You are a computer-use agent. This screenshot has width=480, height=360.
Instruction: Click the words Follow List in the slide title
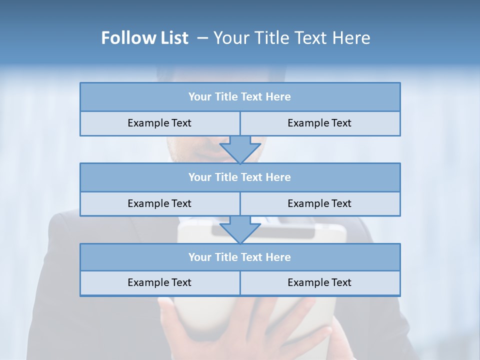[144, 38]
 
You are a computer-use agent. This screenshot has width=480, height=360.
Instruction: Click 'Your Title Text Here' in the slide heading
[291, 38]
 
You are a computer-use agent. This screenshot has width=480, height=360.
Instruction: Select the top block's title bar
[240, 97]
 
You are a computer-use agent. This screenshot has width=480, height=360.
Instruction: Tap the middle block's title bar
[240, 177]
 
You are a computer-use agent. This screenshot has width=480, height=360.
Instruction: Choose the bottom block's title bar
[240, 257]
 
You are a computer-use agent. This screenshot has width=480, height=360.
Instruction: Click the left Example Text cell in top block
[160, 123]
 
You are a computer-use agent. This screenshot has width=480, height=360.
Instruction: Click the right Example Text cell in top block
[320, 123]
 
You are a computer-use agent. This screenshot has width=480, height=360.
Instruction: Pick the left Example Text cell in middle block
[160, 204]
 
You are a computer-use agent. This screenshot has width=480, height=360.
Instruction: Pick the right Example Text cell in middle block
[320, 204]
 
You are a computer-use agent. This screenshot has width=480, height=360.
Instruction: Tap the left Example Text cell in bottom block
[160, 283]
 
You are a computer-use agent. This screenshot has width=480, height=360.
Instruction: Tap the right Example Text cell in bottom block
[320, 283]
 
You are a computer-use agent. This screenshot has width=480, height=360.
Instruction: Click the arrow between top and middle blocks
[240, 149]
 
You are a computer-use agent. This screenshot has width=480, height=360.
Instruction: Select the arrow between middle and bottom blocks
[240, 229]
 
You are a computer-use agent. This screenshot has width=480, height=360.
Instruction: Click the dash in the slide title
[202, 38]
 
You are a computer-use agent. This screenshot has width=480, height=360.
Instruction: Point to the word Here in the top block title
[278, 97]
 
